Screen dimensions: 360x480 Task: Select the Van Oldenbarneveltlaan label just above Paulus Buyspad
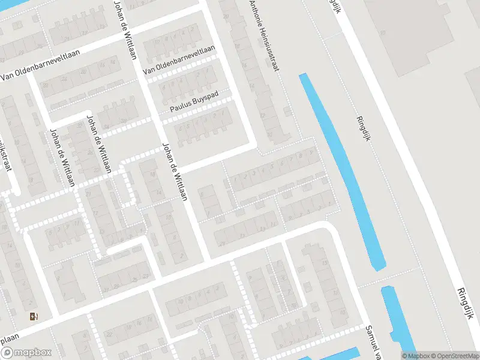pyautogui.click(x=178, y=61)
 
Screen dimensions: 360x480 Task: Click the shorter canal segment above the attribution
pyautogui.click(x=395, y=318)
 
